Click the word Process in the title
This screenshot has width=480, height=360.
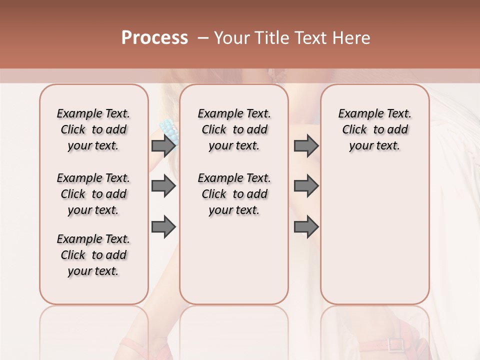154,38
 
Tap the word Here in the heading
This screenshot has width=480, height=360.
351,38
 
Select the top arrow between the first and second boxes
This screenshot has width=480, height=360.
163,145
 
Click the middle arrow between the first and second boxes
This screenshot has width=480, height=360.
163,186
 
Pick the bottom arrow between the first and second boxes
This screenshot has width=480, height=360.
163,227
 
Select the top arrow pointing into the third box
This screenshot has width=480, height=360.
306,145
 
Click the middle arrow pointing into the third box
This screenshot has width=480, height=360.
306,186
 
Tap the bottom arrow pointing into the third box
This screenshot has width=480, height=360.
306,227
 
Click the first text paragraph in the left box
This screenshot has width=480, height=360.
93,129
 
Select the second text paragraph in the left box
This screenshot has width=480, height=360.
93,194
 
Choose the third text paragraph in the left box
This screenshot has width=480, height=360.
93,255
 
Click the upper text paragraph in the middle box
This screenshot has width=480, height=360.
234,129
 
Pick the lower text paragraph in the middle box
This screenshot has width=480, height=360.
234,194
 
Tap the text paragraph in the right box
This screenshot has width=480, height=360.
374,129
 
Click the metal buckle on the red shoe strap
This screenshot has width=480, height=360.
396,345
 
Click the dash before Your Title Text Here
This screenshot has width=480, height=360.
203,38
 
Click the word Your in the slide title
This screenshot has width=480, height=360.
231,38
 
